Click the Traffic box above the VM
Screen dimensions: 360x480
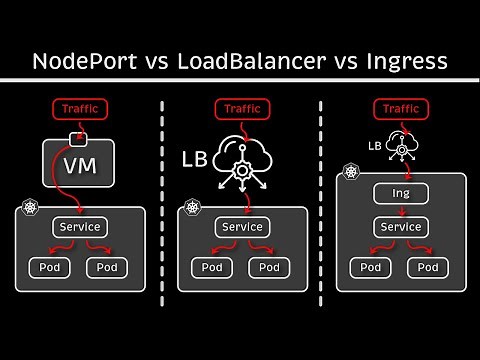(78, 109)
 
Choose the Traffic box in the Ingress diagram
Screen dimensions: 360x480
(400, 109)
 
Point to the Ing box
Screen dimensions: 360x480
(400, 193)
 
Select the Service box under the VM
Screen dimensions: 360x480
(80, 227)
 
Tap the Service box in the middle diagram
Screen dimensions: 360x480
(242, 227)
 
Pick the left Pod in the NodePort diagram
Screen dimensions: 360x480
(48, 267)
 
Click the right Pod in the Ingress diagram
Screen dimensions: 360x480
(428, 267)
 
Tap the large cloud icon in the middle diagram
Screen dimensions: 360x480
(243, 153)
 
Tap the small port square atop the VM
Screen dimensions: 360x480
(78, 136)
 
